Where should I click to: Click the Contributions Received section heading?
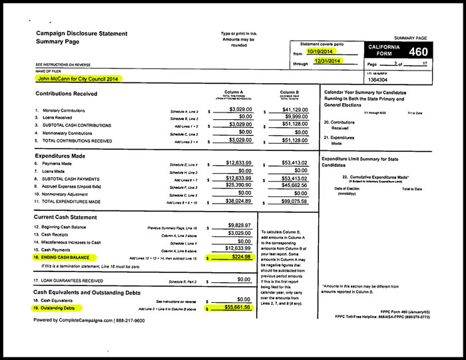pyautogui.click(x=67, y=94)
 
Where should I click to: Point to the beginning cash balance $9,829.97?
pyautogui.click(x=238, y=226)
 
